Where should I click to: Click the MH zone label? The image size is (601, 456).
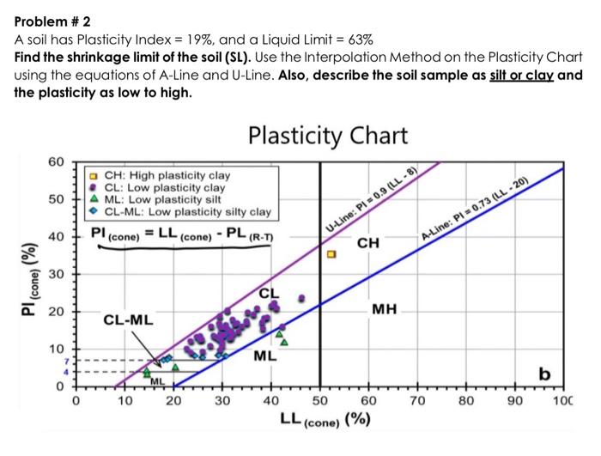pyautogui.click(x=384, y=307)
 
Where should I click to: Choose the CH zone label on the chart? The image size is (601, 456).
pyautogui.click(x=368, y=244)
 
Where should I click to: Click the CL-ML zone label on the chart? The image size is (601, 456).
pyautogui.click(x=129, y=320)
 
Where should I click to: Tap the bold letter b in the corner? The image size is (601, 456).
pyautogui.click(x=543, y=373)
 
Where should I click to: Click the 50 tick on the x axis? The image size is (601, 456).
pyautogui.click(x=319, y=401)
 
